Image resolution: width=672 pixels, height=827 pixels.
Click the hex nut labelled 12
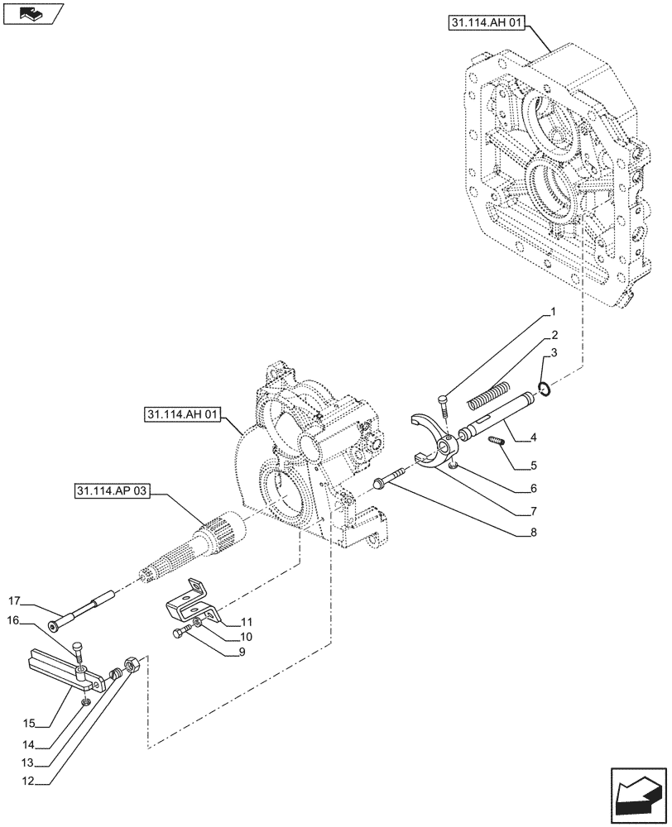pos(131,664)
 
